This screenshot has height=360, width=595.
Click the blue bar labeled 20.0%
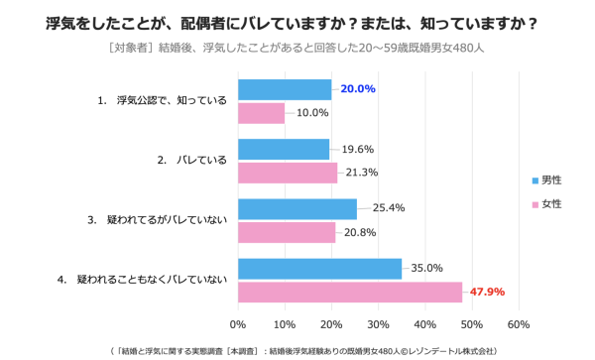tap(285, 89)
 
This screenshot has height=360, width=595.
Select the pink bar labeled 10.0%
tap(261, 113)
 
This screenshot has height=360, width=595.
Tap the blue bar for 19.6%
tap(284, 149)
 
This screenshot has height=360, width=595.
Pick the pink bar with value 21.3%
tap(288, 173)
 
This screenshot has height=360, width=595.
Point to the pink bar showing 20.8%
tap(287, 232)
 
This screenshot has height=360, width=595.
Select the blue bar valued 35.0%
tap(319, 268)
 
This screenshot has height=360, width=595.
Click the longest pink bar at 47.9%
tap(350, 292)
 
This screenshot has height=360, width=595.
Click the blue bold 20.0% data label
tap(358, 88)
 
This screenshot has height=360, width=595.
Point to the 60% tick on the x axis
tap(518, 323)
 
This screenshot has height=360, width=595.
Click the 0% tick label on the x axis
tap(238, 323)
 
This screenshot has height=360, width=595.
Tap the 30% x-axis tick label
tap(378, 323)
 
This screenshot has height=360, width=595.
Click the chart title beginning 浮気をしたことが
tap(297, 21)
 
